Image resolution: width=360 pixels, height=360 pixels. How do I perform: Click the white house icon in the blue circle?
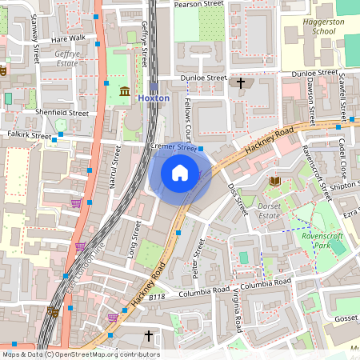180,172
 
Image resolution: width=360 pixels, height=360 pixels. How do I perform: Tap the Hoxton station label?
154,98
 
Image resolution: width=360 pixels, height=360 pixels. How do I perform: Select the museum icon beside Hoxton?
124,94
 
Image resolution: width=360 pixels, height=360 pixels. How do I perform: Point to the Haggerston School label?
314,26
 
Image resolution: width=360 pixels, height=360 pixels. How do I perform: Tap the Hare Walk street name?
67,38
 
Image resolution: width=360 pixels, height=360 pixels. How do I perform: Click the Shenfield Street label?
62,113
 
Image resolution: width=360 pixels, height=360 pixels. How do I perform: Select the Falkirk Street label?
29,136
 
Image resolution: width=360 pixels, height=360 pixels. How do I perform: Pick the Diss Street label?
234,199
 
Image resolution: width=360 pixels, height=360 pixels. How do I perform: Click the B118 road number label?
157,297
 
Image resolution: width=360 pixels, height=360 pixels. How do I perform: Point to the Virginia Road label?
238,311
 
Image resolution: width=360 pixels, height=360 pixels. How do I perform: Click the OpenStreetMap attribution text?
80,354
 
